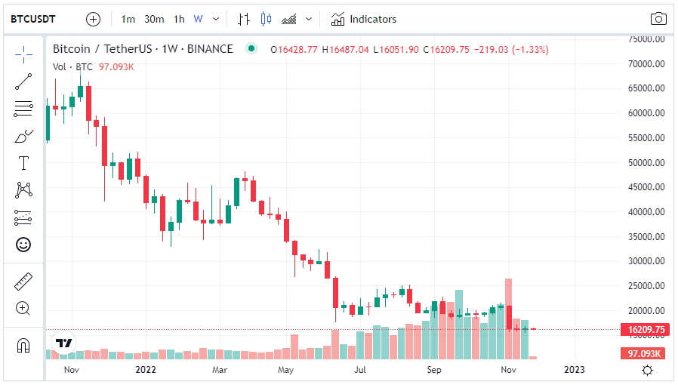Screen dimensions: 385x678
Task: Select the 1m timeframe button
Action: (x=128, y=19)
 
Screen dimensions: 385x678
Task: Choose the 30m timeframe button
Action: (x=154, y=19)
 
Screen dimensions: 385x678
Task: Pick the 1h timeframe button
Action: (x=179, y=19)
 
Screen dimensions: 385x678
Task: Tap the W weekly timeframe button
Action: (x=198, y=19)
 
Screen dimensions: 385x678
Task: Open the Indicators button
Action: (x=364, y=19)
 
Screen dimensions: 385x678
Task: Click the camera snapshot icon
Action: (x=658, y=19)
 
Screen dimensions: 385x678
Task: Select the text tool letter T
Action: (x=23, y=163)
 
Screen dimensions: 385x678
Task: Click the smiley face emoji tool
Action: (x=23, y=245)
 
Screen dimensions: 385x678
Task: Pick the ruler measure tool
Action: (x=23, y=282)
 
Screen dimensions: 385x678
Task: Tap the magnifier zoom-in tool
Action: (x=23, y=308)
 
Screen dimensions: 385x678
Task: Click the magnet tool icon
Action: (x=23, y=346)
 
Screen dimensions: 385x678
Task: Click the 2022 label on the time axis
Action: (x=145, y=370)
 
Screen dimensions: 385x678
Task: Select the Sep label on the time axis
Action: (x=434, y=370)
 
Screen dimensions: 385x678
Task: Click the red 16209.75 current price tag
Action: (x=645, y=330)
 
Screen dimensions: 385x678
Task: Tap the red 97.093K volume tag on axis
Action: (x=645, y=353)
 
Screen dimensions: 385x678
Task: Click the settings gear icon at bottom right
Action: (x=647, y=370)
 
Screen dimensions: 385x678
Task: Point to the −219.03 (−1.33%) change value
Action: (x=510, y=49)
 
